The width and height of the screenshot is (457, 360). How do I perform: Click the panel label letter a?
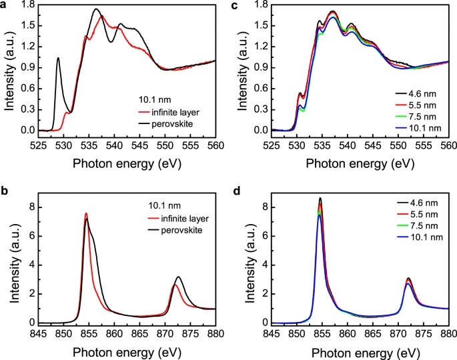coord(3,6)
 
